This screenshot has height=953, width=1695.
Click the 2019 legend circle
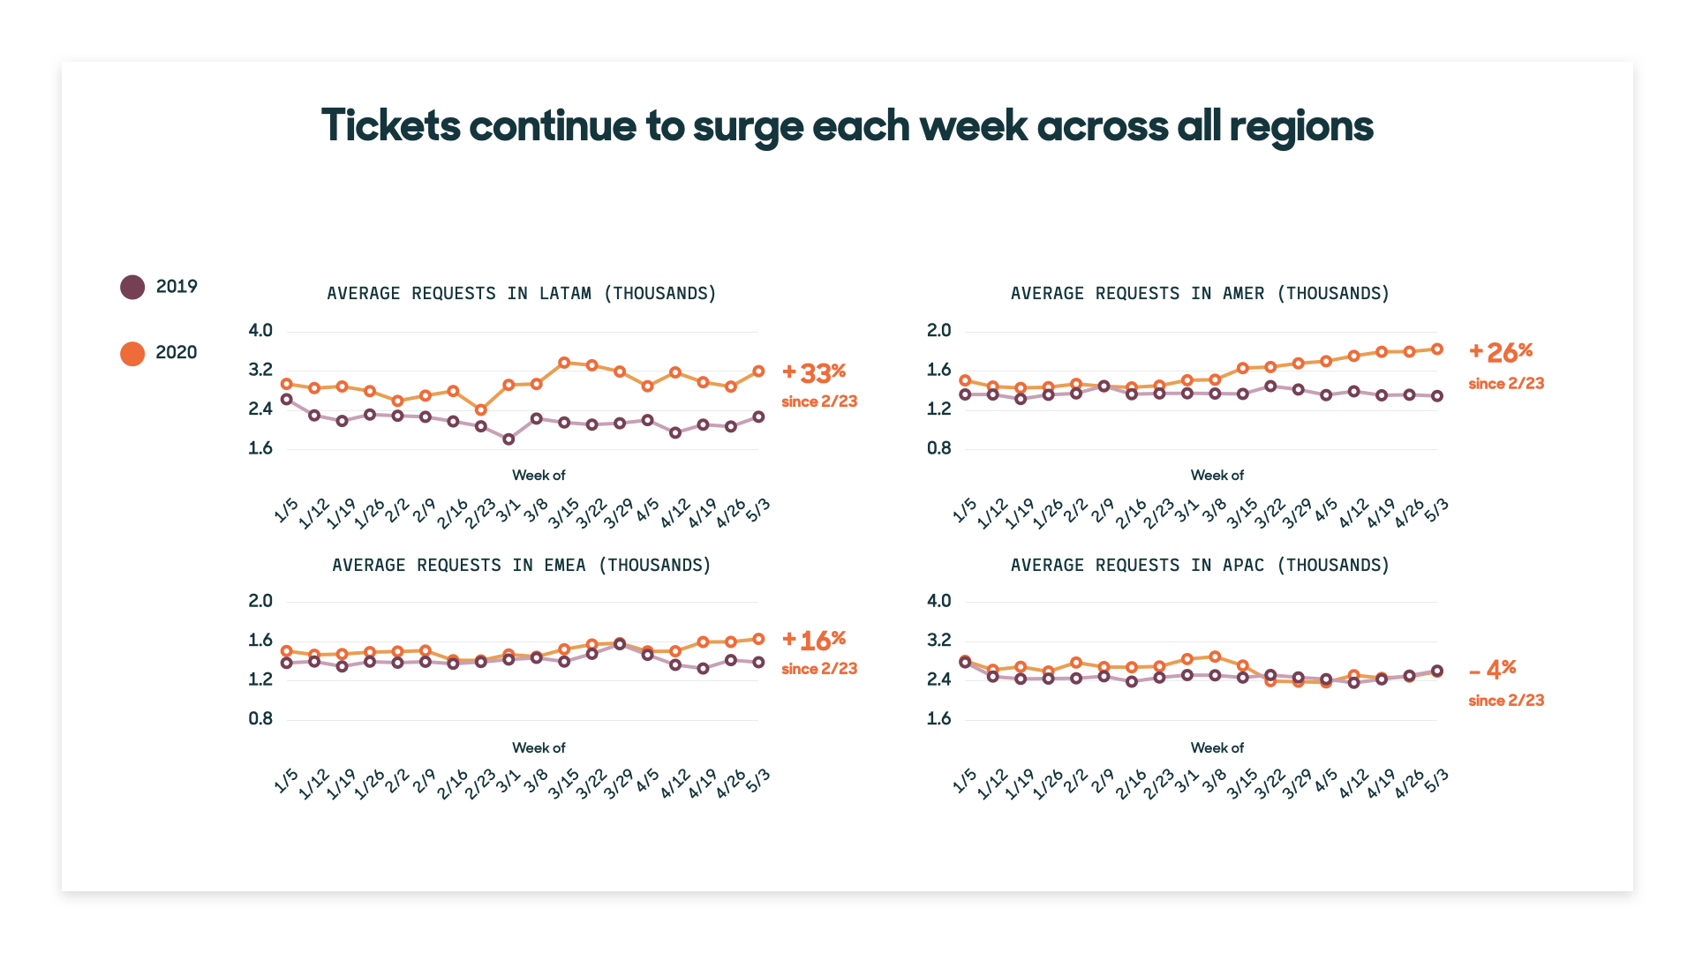pos(132,287)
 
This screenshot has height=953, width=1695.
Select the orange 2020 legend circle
pos(132,353)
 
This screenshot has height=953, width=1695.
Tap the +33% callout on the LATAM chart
pos(814,372)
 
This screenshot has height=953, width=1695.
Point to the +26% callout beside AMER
pos(1501,352)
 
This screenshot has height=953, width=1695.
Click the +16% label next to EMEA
pos(814,640)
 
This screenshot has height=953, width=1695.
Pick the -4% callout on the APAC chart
pos(1493,670)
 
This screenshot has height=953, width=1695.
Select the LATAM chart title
pos(522,293)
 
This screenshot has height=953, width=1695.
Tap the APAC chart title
pos(1201,565)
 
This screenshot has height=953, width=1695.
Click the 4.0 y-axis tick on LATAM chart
pos(260,331)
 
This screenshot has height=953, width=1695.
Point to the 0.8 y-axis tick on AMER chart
pos(939,448)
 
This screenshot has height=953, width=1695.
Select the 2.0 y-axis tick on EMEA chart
pos(260,601)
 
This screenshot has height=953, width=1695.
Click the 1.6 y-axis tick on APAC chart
pos(939,719)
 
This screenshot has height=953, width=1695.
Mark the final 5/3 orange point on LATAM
pos(758,371)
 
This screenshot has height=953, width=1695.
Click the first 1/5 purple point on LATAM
pos(286,400)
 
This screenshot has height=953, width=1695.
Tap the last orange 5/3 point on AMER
pos(1437,349)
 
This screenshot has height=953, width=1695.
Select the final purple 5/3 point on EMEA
pos(758,662)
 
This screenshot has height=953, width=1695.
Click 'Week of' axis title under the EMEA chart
pos(539,747)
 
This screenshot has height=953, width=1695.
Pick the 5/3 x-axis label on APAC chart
pos(1436,780)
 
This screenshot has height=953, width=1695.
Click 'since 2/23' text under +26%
pos(1506,384)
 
